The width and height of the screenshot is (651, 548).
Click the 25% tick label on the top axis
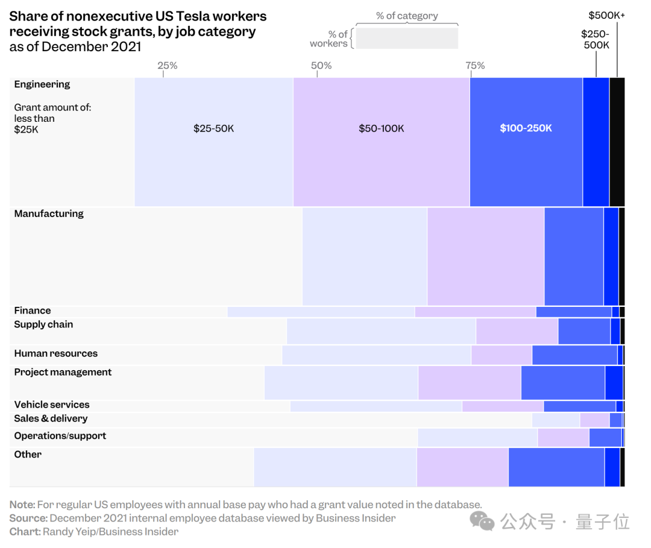(x=167, y=66)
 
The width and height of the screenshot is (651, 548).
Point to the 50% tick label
(x=321, y=66)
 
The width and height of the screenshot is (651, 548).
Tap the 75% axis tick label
(x=474, y=66)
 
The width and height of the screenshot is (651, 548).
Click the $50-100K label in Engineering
(x=381, y=128)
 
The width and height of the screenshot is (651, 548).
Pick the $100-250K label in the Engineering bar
(x=526, y=128)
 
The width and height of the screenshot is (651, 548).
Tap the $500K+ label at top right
(x=606, y=16)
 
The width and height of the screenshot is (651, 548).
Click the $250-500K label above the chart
(x=596, y=40)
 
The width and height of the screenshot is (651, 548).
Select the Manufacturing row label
(x=49, y=214)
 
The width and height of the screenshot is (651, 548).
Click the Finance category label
(x=33, y=311)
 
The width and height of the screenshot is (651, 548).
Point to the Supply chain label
(x=43, y=325)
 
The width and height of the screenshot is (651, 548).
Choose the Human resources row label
(x=55, y=354)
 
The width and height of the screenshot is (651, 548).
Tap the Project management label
(x=63, y=373)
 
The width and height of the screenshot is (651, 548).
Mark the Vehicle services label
(x=52, y=405)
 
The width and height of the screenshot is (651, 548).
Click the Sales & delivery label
(x=51, y=419)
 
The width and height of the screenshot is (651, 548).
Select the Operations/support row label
(x=60, y=436)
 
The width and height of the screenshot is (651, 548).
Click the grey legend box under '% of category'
(x=407, y=38)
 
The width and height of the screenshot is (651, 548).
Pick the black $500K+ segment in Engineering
(x=617, y=142)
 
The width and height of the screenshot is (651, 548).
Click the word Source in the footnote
(x=28, y=518)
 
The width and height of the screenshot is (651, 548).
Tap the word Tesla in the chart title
(x=193, y=16)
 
